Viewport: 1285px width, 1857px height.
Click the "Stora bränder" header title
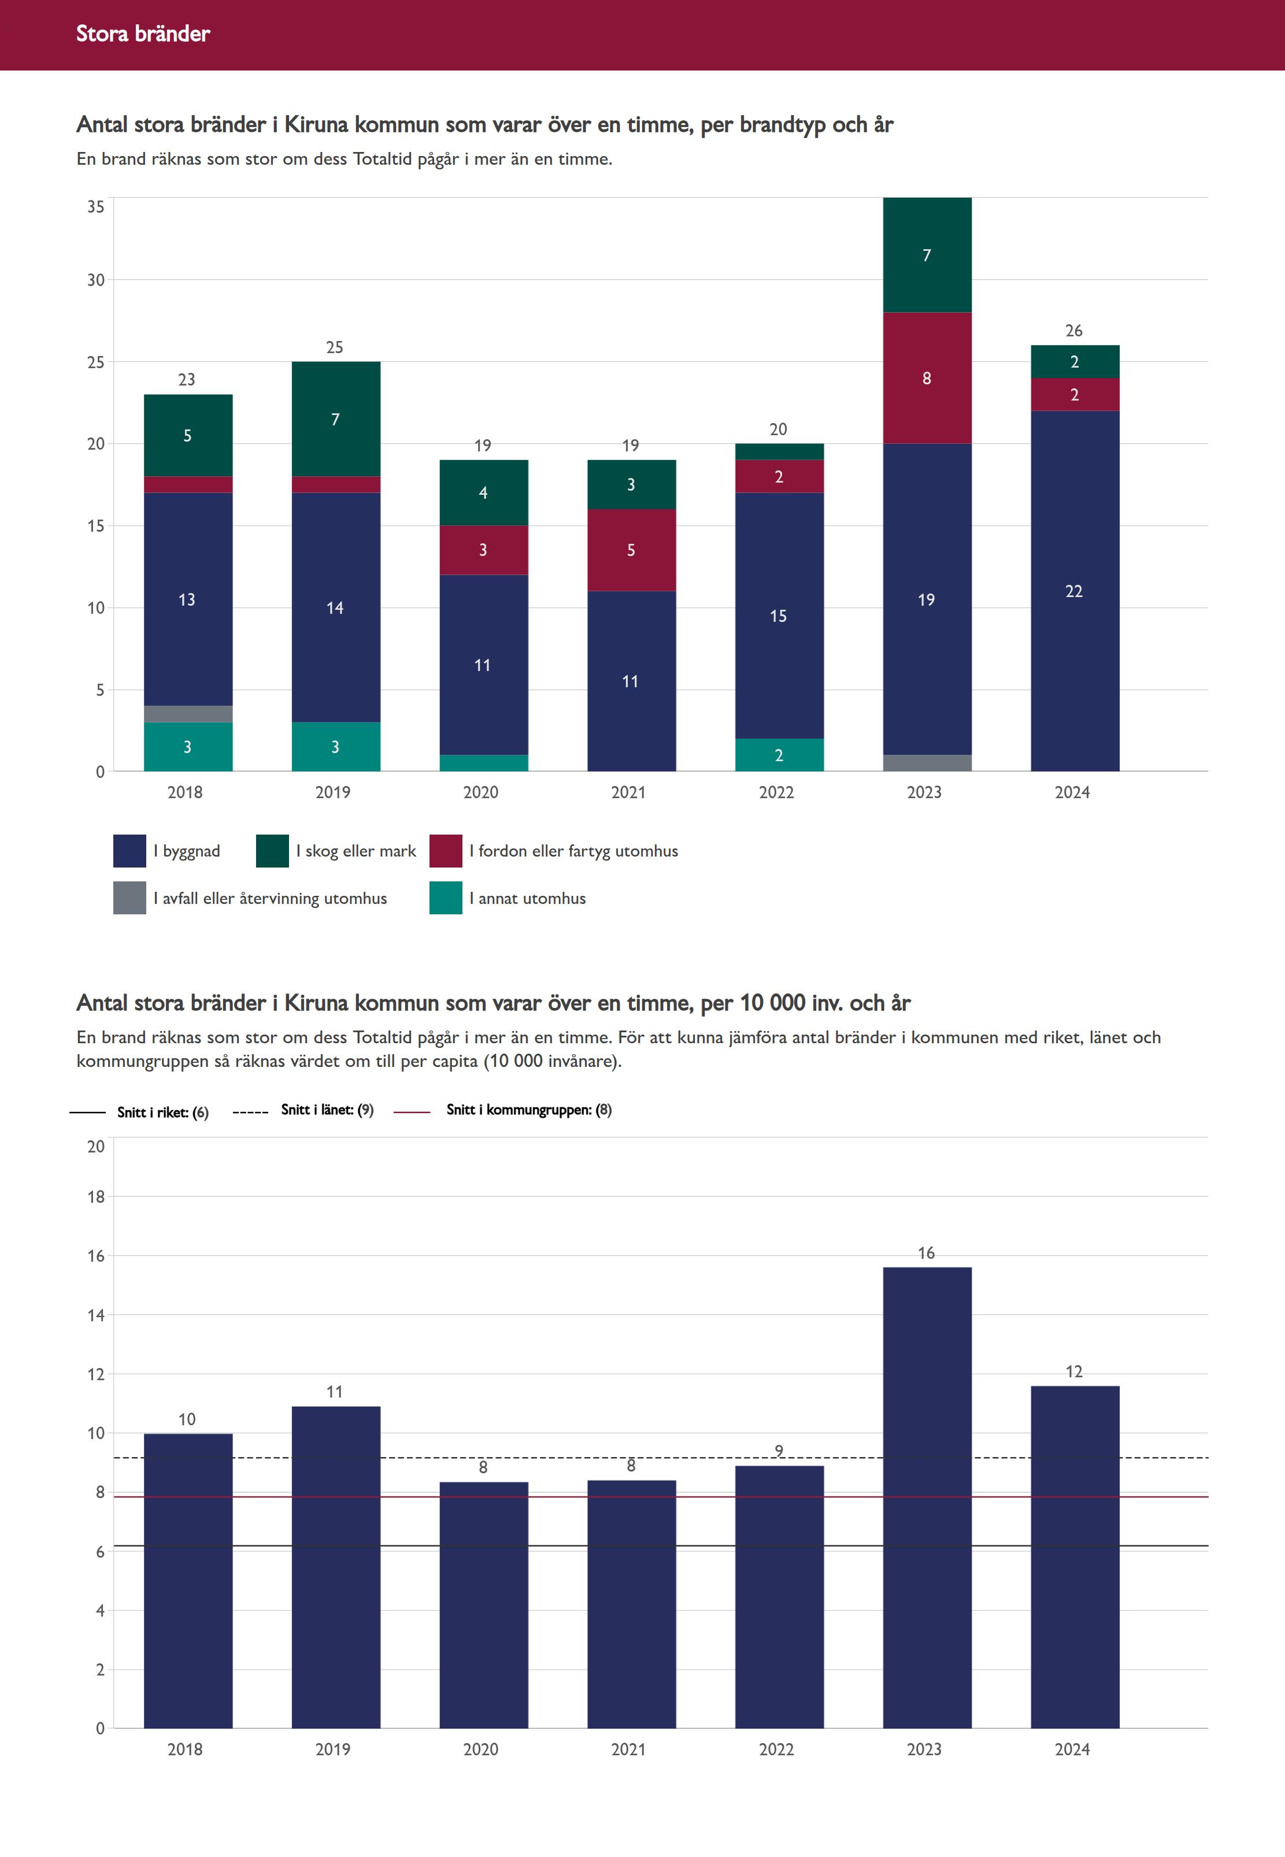point(143,34)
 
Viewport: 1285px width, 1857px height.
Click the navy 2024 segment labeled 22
point(1074,591)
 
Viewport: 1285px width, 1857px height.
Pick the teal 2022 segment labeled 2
point(779,755)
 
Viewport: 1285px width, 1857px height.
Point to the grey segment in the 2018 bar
point(188,714)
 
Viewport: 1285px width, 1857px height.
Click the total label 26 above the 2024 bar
point(1073,331)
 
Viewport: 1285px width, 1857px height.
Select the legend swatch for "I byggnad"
point(129,851)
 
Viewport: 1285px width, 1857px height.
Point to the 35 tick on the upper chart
point(96,207)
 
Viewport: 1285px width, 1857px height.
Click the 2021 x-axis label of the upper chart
point(628,792)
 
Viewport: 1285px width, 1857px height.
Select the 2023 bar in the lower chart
point(927,1497)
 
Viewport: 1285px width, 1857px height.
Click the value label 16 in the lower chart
point(926,1252)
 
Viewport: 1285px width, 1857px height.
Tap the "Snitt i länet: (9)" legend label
point(327,1110)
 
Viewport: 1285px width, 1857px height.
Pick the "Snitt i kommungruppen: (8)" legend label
point(528,1110)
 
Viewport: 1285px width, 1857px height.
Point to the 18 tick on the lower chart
point(96,1197)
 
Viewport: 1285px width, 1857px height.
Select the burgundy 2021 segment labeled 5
point(631,550)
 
